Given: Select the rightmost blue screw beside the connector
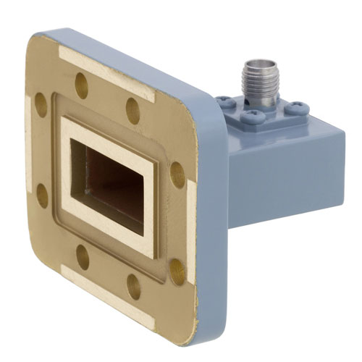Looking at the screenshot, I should [297, 109].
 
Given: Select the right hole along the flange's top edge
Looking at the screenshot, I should [133, 109].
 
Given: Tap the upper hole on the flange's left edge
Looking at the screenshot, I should [41, 106].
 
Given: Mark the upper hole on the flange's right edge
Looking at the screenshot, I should [177, 174].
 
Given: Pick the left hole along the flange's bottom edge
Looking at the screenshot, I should [83, 256].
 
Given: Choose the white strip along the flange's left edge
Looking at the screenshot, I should [33, 152].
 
